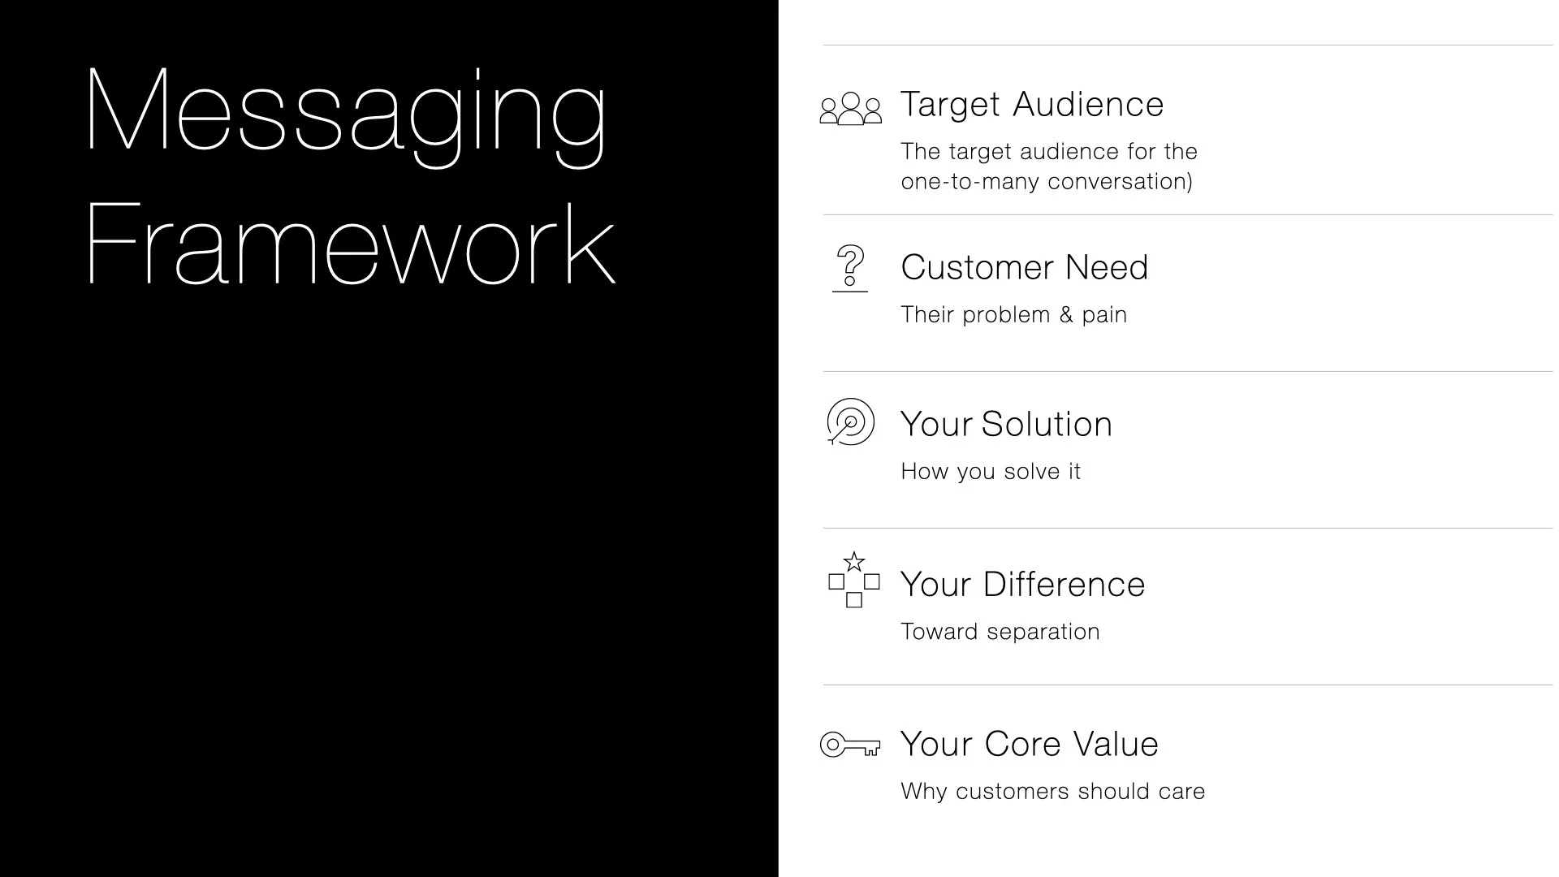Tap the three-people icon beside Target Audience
(850, 109)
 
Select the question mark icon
(850, 266)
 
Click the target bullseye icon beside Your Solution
(850, 421)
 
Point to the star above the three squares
(853, 562)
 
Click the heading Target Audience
(1032, 105)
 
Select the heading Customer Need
(1025, 267)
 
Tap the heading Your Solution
(1006, 424)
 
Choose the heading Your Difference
(1022, 585)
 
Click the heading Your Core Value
(1029, 744)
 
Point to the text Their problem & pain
(1013, 315)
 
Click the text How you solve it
(991, 472)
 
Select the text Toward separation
(1000, 632)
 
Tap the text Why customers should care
(1052, 792)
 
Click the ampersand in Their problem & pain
(1066, 315)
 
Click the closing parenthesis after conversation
(1190, 182)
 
